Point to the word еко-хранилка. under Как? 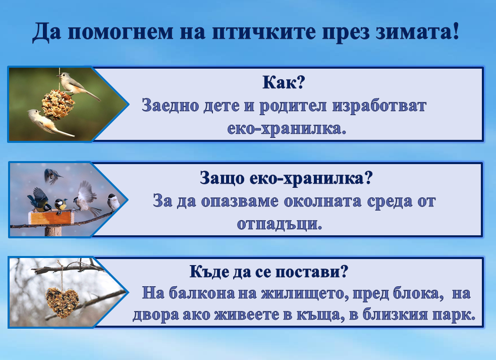tap(286, 129)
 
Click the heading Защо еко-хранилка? tap(286, 178)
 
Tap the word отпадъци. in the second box tap(279, 223)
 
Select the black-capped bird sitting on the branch tap(114, 202)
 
